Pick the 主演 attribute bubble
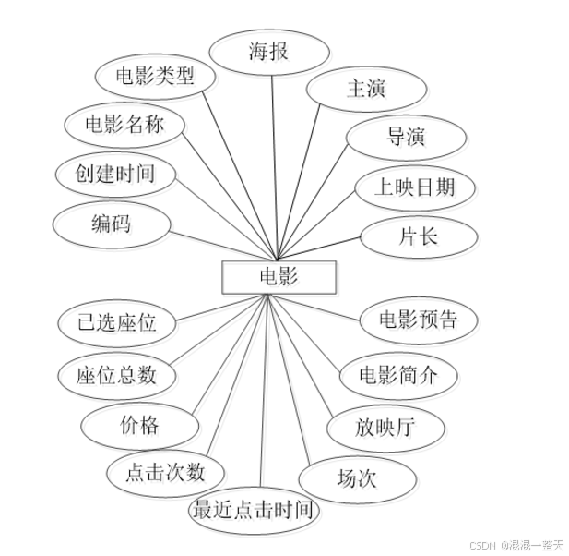(366, 90)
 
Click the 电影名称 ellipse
(124, 124)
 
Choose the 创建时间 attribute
(115, 173)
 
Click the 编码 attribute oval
(111, 224)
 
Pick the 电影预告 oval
(419, 320)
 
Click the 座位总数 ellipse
(116, 375)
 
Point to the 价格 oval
(140, 425)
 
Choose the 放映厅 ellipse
(385, 428)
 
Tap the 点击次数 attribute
(166, 473)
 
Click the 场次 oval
(357, 478)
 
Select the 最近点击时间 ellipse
(255, 510)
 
